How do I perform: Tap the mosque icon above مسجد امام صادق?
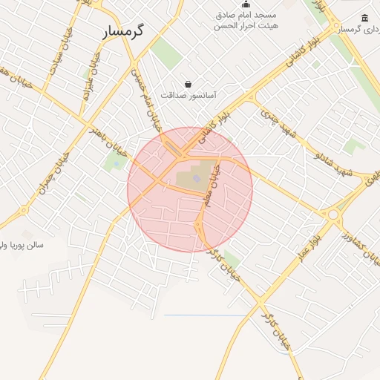246,4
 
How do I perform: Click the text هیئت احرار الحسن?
245,25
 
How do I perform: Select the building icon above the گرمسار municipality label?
364,18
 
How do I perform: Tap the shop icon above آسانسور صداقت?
189,85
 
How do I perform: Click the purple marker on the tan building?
196,177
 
